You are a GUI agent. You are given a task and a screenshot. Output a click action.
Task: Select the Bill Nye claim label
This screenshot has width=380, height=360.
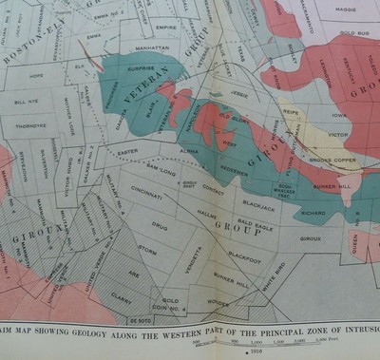click(x=27, y=99)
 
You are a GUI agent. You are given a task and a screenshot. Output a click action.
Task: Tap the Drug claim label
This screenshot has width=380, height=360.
click(x=160, y=226)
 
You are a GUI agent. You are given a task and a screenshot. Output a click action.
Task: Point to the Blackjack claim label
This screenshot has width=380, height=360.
click(x=257, y=204)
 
